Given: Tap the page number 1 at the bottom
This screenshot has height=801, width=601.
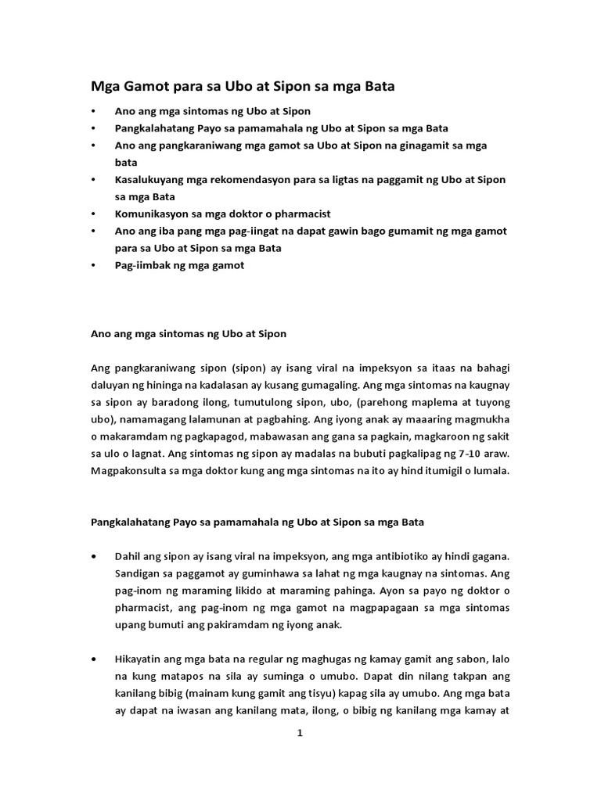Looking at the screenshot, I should click(x=299, y=733).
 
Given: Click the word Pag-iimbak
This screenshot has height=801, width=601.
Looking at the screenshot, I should click(x=142, y=265).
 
